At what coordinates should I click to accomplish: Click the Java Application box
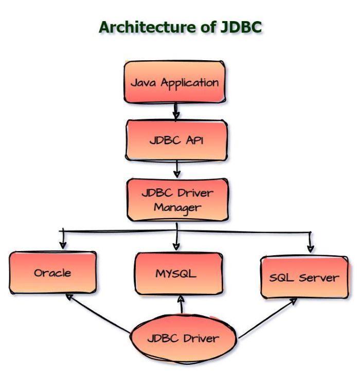(x=175, y=82)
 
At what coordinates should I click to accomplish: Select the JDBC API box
(x=176, y=140)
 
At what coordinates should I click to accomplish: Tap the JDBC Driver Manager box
(x=177, y=200)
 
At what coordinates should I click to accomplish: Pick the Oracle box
(x=52, y=273)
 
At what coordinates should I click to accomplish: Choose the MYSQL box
(x=178, y=273)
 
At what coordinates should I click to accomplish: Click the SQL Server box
(x=304, y=277)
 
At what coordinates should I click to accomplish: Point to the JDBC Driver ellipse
(x=183, y=339)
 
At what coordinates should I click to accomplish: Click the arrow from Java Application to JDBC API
(x=175, y=110)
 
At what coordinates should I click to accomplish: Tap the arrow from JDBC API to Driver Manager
(x=176, y=168)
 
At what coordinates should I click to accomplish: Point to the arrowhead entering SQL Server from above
(x=310, y=248)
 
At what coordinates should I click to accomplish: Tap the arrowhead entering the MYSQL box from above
(x=176, y=246)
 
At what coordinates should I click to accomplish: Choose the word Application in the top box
(x=190, y=83)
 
